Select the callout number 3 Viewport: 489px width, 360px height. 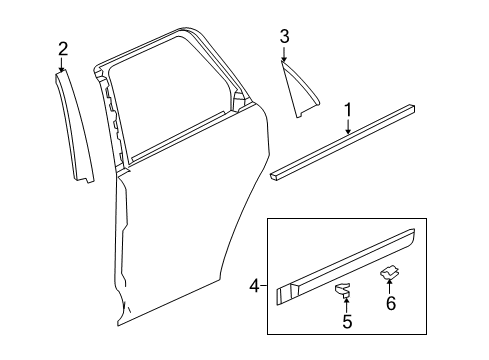point(284,37)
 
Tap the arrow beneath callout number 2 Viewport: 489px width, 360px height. point(62,64)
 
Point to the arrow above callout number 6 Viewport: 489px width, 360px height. point(391,286)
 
